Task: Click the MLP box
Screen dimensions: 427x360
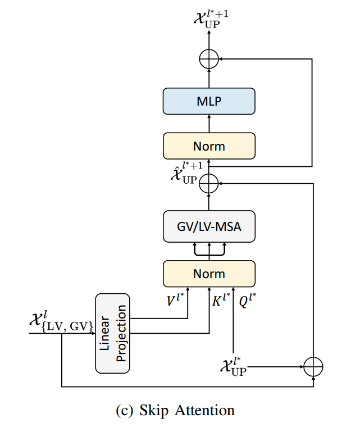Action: click(x=209, y=101)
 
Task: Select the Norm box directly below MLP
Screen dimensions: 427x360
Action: click(x=209, y=146)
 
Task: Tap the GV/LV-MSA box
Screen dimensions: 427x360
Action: click(x=209, y=226)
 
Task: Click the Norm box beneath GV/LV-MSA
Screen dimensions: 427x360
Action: click(x=209, y=274)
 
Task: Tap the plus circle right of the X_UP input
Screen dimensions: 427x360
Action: click(x=313, y=367)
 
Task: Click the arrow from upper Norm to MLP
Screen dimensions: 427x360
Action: click(x=209, y=123)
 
